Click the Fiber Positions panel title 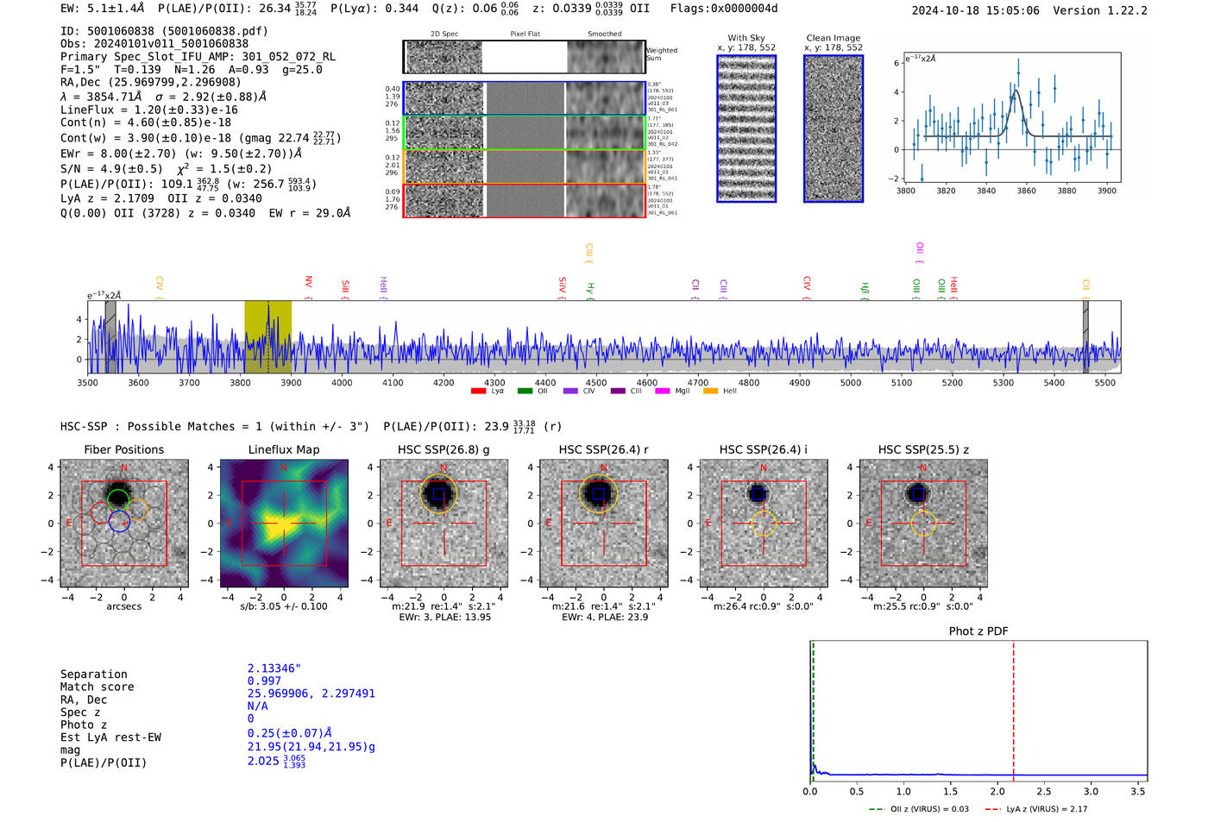pyautogui.click(x=123, y=449)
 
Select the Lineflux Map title pyautogui.click(x=283, y=449)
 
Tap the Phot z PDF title pyautogui.click(x=978, y=631)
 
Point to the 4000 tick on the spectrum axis pyautogui.click(x=342, y=382)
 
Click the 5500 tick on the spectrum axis pyautogui.click(x=1104, y=382)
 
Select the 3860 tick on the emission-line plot pyautogui.click(x=1026, y=191)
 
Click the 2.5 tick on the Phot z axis pyautogui.click(x=1044, y=791)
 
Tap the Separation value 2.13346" pyautogui.click(x=274, y=668)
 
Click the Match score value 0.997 pyautogui.click(x=264, y=681)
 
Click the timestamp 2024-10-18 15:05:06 pyautogui.click(x=975, y=10)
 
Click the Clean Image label pyautogui.click(x=833, y=38)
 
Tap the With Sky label pyautogui.click(x=746, y=38)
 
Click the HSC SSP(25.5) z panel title pyautogui.click(x=923, y=449)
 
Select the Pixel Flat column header pyautogui.click(x=525, y=35)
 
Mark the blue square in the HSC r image pyautogui.click(x=598, y=494)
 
